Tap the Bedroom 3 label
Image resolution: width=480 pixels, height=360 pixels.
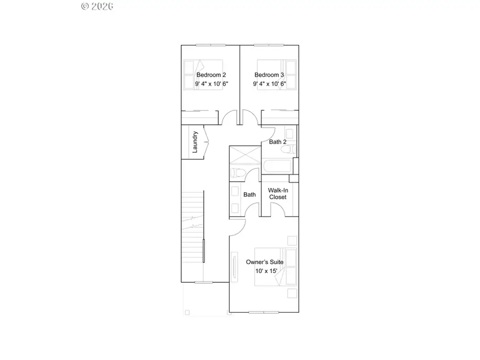[269, 75]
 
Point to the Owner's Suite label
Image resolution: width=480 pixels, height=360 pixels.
[264, 262]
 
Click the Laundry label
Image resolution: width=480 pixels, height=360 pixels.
[195, 142]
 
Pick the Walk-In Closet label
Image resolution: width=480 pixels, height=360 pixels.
[277, 194]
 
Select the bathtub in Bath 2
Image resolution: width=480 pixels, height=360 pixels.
[277, 166]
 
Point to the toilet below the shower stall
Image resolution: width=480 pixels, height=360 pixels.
[238, 172]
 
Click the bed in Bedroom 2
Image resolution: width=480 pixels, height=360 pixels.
[203, 75]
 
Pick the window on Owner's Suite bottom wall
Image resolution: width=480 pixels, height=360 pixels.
[263, 312]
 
